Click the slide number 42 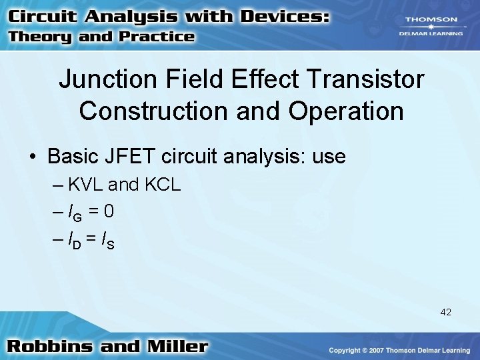coord(445,312)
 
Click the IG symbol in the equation coord(73,213)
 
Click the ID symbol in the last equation coord(73,241)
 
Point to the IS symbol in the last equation coord(107,241)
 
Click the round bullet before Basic coord(33,158)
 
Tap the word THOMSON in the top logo coord(429,21)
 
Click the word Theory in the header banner coord(40,37)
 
